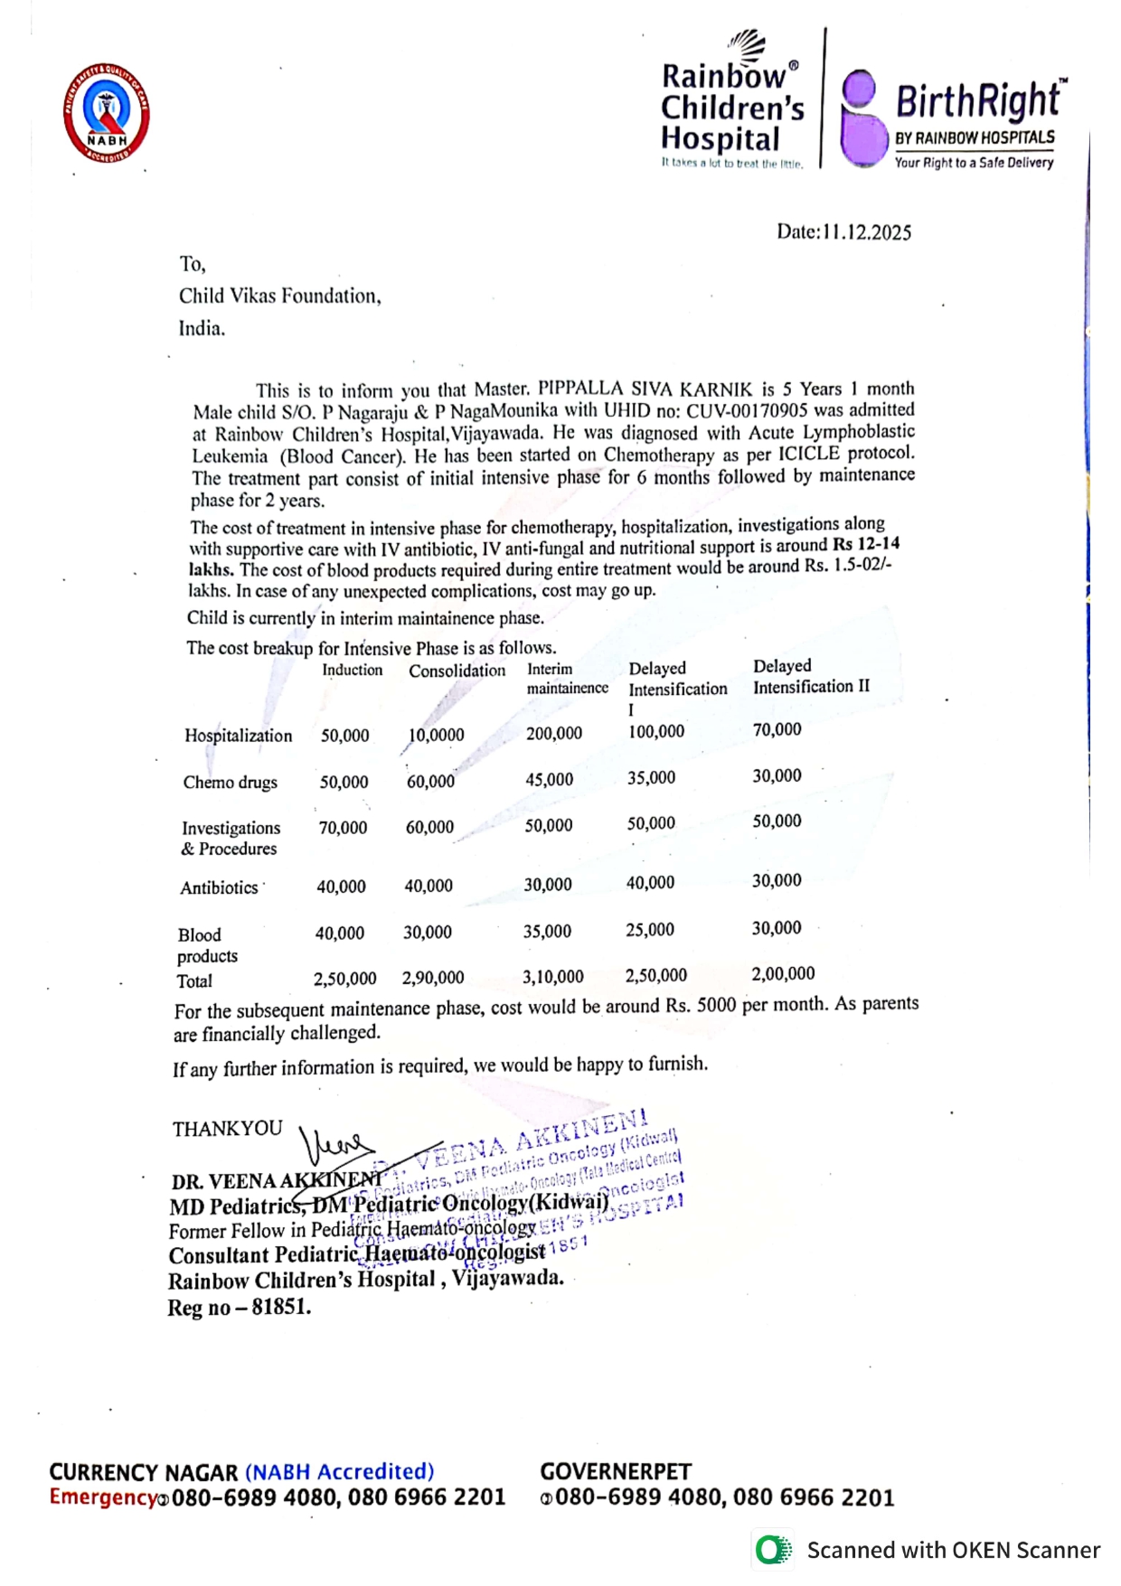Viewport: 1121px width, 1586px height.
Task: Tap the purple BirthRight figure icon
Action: (863, 119)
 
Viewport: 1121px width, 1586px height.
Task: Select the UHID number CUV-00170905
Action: (747, 409)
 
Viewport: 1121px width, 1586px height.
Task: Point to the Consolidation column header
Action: (457, 671)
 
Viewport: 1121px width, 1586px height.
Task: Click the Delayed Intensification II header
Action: (811, 676)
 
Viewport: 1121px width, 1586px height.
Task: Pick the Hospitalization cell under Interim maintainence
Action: (554, 734)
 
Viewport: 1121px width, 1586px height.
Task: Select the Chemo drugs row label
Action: (231, 783)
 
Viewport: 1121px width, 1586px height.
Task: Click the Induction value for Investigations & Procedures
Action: (343, 828)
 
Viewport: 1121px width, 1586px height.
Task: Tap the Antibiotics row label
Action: (220, 887)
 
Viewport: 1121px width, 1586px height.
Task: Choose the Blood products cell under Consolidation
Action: (428, 932)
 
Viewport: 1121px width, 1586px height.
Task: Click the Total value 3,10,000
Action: (553, 977)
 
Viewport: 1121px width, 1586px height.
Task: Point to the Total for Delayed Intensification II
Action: (783, 973)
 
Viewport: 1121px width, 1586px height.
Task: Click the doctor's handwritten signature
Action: (334, 1147)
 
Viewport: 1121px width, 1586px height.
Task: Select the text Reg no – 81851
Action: (239, 1308)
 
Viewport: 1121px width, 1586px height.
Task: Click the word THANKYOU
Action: (228, 1129)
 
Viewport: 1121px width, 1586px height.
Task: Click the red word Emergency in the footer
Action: (103, 1497)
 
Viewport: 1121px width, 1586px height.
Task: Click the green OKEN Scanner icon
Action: (772, 1550)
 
